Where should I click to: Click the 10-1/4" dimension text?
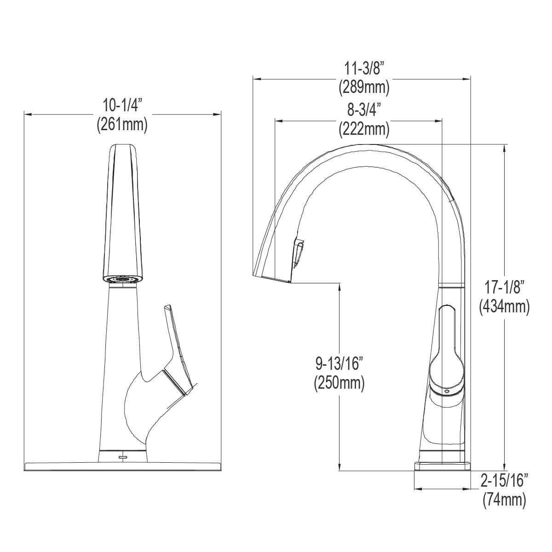(x=122, y=106)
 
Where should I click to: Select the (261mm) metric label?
(x=122, y=125)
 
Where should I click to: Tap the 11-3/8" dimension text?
(x=364, y=69)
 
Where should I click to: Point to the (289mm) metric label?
(x=364, y=87)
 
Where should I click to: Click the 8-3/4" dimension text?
(x=364, y=110)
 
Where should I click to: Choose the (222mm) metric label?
(x=364, y=129)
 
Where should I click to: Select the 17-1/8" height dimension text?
(x=504, y=287)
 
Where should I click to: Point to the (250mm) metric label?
(x=339, y=383)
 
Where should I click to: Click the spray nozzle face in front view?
(x=122, y=279)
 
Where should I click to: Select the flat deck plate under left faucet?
(x=122, y=466)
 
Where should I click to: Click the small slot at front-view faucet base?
(x=123, y=457)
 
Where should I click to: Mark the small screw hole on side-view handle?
(x=445, y=389)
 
